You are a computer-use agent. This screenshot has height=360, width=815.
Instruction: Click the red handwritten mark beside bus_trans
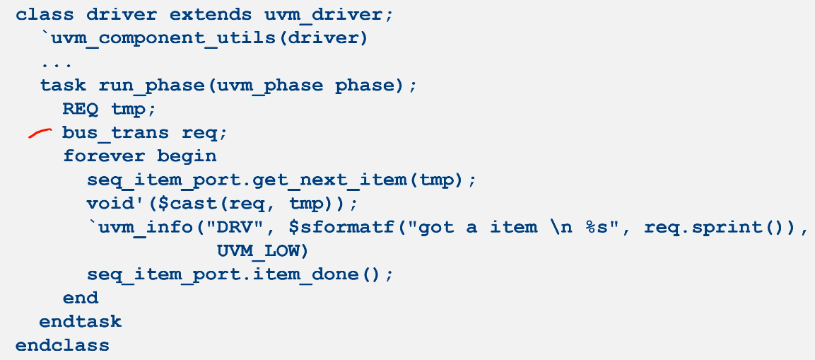pos(40,133)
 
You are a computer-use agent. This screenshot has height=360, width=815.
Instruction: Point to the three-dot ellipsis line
pos(52,63)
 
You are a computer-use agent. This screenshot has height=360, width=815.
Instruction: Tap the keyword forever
pos(104,156)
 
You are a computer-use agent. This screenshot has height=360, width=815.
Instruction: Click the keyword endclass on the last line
pos(62,346)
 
